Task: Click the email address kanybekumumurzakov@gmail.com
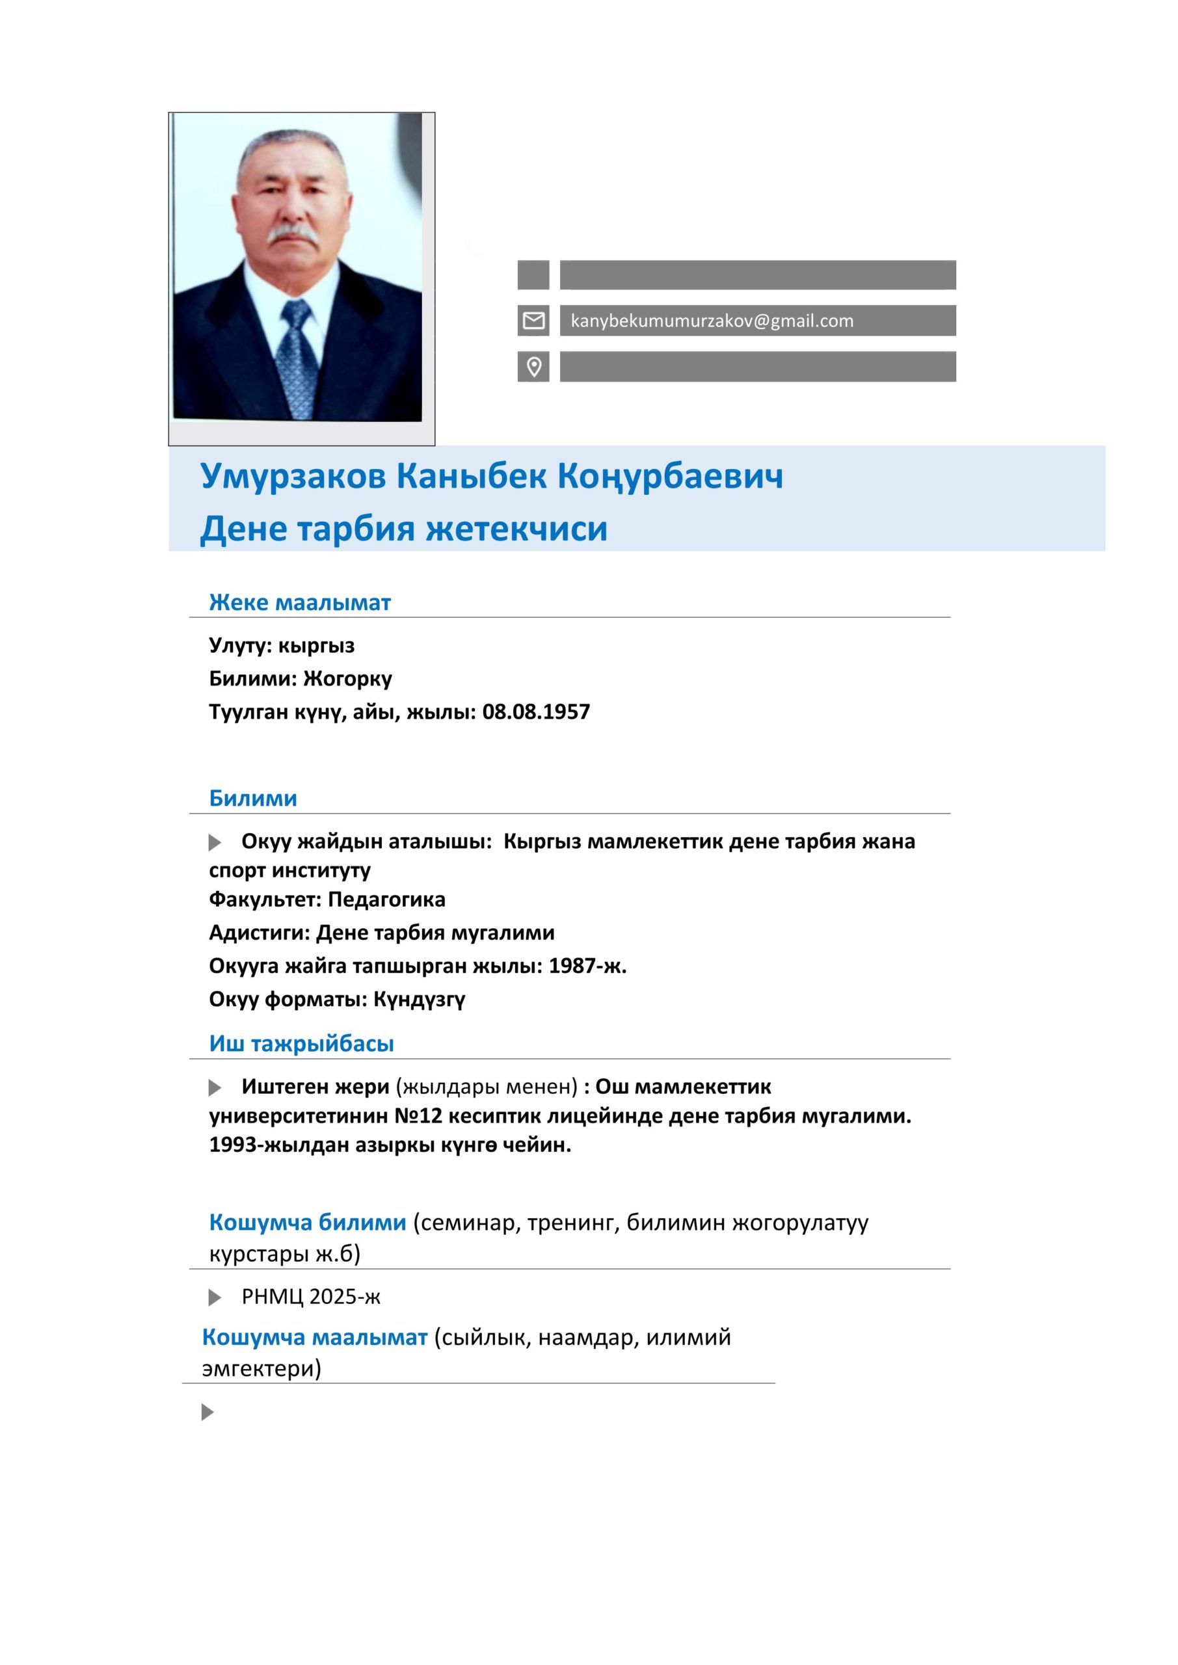pos(712,321)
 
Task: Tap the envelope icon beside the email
pos(533,321)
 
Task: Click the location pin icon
pos(533,367)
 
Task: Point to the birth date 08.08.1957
pos(536,712)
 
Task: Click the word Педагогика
pos(386,899)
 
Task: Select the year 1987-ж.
pos(587,966)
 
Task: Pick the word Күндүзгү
pos(420,999)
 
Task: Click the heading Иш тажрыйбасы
pos(301,1043)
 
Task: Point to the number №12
pos(418,1116)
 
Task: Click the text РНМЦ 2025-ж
pos(310,1297)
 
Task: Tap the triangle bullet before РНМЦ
pos(215,1298)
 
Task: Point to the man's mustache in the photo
pos(293,233)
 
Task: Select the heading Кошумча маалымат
pos(315,1337)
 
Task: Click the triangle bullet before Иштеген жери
pos(215,1087)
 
